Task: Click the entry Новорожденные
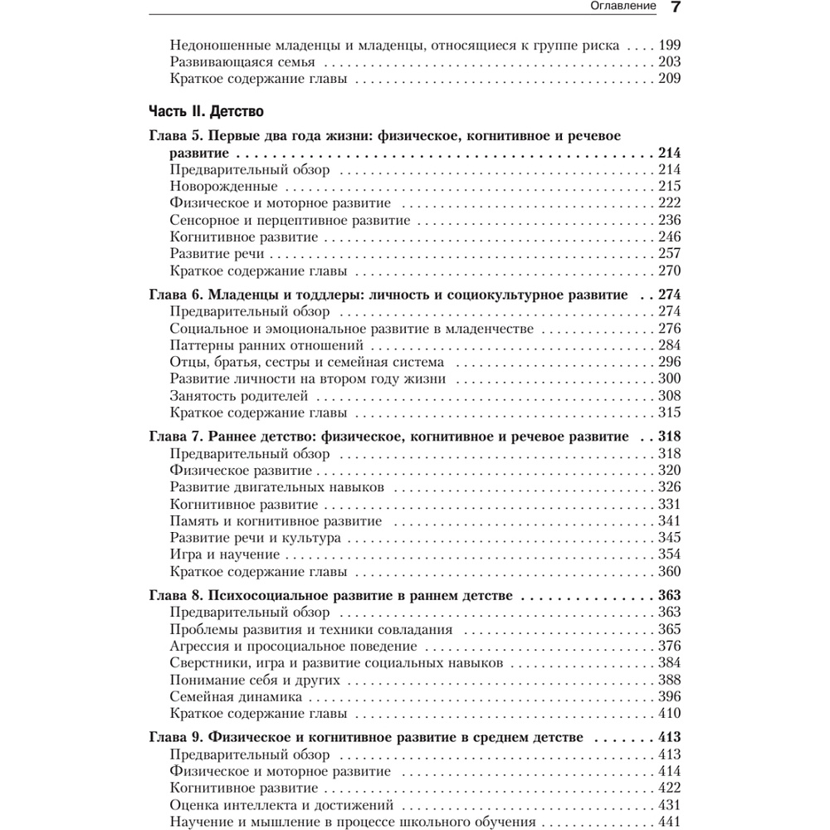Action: tap(223, 186)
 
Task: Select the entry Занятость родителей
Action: tap(238, 395)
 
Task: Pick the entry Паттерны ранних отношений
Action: tap(266, 344)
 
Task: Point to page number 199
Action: tap(669, 46)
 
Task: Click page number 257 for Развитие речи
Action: tap(669, 254)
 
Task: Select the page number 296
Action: tap(669, 362)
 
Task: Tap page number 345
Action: tap(669, 538)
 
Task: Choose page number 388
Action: tap(669, 680)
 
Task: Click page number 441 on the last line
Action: tap(669, 822)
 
